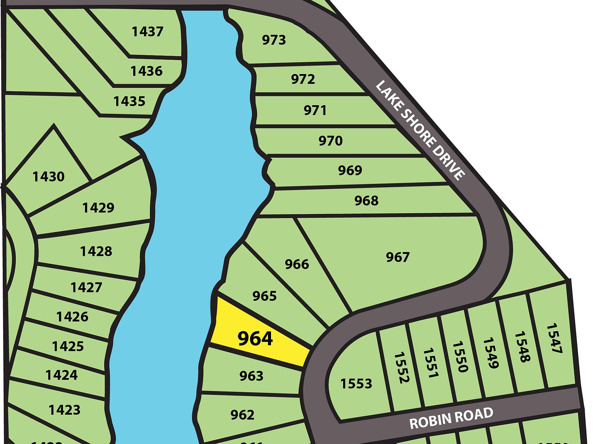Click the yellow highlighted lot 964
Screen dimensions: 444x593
pyautogui.click(x=255, y=338)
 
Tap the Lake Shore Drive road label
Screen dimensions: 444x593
pyautogui.click(x=420, y=130)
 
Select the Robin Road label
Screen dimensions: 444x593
pyautogui.click(x=451, y=418)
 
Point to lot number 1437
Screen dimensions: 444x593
pyautogui.click(x=147, y=31)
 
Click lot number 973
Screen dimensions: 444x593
pyautogui.click(x=274, y=40)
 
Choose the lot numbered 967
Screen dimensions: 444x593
pyautogui.click(x=398, y=257)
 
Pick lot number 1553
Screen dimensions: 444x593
pyautogui.click(x=356, y=383)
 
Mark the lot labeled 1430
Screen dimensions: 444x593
pyautogui.click(x=48, y=177)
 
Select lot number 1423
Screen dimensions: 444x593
pyautogui.click(x=64, y=409)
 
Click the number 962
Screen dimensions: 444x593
pyautogui.click(x=242, y=415)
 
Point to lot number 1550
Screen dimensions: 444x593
pyautogui.click(x=460, y=357)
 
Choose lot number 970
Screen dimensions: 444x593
pyautogui.click(x=330, y=141)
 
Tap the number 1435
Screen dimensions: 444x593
pyautogui.click(x=129, y=101)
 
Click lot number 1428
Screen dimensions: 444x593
pyautogui.click(x=96, y=251)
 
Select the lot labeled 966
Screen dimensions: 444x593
pyautogui.click(x=297, y=264)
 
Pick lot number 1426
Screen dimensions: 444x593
pyautogui.click(x=72, y=317)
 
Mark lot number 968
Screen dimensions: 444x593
pyautogui.click(x=366, y=200)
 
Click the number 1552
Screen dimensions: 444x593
pyautogui.click(x=401, y=367)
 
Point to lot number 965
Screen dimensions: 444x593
pyautogui.click(x=264, y=296)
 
